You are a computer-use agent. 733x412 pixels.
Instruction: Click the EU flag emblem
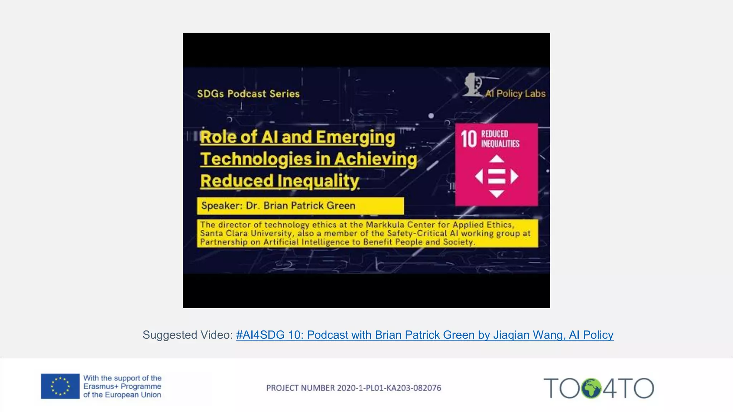pyautogui.click(x=60, y=386)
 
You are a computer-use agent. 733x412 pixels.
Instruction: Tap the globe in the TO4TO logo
pyautogui.click(x=591, y=388)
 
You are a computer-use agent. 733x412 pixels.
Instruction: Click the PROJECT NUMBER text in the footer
pyautogui.click(x=354, y=388)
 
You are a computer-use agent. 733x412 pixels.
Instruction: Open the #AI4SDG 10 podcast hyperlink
pyautogui.click(x=424, y=335)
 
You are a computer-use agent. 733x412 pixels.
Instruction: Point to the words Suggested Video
pyautogui.click(x=188, y=335)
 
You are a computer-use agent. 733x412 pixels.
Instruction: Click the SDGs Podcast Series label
pyautogui.click(x=248, y=94)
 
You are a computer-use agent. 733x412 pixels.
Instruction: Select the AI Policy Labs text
pyautogui.click(x=515, y=94)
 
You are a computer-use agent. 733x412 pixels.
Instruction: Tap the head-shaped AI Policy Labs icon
pyautogui.click(x=472, y=85)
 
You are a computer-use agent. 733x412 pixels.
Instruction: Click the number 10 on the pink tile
pyautogui.click(x=469, y=139)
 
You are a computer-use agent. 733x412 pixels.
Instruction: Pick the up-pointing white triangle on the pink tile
pyautogui.click(x=496, y=159)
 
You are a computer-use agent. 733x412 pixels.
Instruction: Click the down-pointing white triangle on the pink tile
pyautogui.click(x=496, y=194)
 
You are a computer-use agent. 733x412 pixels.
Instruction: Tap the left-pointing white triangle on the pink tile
pyautogui.click(x=479, y=176)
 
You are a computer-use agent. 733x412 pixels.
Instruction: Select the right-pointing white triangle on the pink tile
pyautogui.click(x=514, y=176)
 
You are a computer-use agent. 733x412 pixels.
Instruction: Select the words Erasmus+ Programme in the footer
pyautogui.click(x=122, y=386)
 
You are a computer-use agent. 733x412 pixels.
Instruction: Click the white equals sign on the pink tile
pyautogui.click(x=496, y=176)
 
